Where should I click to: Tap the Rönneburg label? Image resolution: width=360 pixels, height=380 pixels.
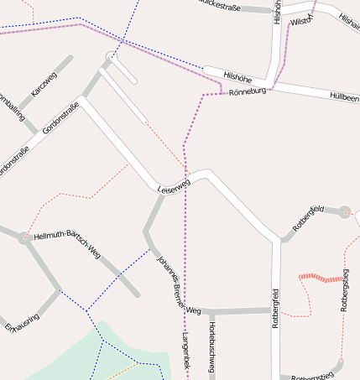coord(247,90)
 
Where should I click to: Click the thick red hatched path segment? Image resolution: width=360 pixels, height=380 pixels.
coord(321,277)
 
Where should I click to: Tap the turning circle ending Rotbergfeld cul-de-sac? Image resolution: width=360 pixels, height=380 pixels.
coord(344,211)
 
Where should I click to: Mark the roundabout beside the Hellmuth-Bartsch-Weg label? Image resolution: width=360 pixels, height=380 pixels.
coord(23,237)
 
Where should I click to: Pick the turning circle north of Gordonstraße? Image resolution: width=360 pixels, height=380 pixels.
coord(110,56)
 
